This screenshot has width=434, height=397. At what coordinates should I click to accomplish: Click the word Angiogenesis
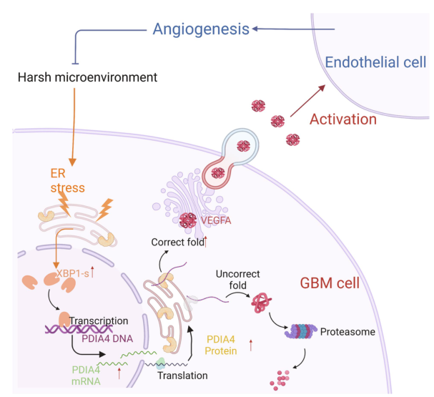coord(201,29)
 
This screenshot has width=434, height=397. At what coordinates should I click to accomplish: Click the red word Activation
coord(342,119)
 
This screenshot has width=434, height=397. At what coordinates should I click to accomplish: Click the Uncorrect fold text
coord(245,278)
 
